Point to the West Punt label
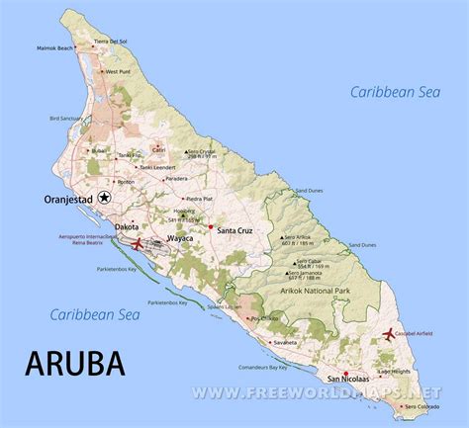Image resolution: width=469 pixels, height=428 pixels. click(x=118, y=71)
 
